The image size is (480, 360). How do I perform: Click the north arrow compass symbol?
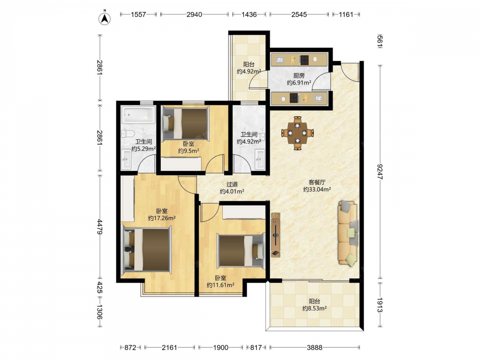coord(105,18)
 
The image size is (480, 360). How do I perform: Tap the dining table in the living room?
coord(298,133)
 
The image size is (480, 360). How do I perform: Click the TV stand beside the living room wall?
coord(276,235)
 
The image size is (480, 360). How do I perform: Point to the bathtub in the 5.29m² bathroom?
coord(139,115)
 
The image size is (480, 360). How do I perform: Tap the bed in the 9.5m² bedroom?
coord(186,123)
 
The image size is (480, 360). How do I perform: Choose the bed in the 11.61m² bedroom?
coord(241,251)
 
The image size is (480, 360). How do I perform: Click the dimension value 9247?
coord(380,172)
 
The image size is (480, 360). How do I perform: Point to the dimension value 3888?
coord(315,348)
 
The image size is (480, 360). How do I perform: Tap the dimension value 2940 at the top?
coord(194,14)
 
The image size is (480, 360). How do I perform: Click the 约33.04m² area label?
coord(317,190)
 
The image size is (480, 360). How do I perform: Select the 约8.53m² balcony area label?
coord(314,309)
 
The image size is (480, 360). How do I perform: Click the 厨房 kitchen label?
coord(299,75)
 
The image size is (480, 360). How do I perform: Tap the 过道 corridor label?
coord(232,184)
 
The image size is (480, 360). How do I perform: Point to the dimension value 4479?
coord(99,227)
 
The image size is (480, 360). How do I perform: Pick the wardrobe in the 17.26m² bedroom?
coord(127,198)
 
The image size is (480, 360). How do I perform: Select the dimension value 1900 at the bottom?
coord(221,348)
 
